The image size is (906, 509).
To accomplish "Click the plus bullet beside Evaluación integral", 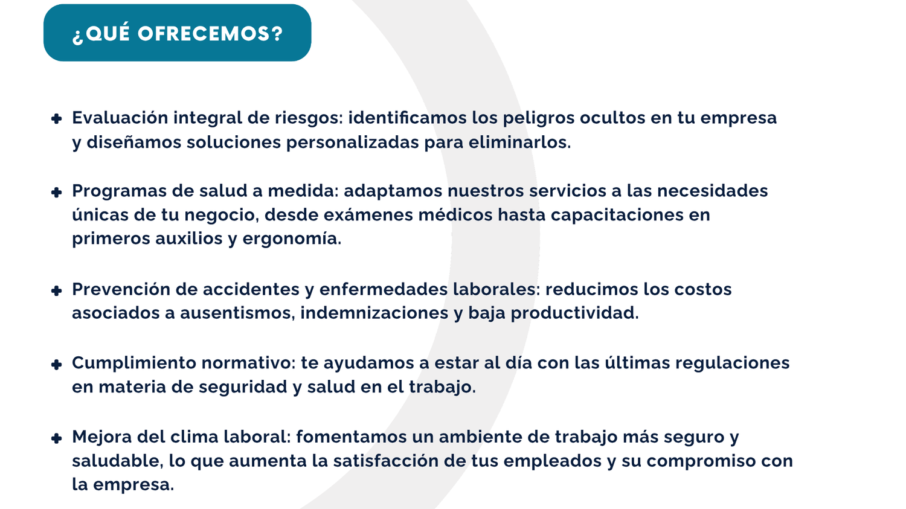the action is [57, 118].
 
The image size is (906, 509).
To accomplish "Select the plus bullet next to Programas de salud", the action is [57, 192].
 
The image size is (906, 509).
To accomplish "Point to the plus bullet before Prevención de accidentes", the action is [57, 290].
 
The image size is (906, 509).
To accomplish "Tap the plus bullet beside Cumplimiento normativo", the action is [57, 364].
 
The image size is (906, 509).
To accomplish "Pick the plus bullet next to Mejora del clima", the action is [57, 438].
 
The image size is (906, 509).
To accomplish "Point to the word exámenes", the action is [368, 215].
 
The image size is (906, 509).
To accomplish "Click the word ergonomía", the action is [292, 239].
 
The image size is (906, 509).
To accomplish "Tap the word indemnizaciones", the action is [374, 313].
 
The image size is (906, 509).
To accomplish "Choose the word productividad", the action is [575, 313].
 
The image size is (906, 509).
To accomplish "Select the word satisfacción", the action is [386, 461].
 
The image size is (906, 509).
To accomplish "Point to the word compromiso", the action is [701, 461].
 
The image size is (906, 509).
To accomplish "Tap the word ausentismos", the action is [237, 313].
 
